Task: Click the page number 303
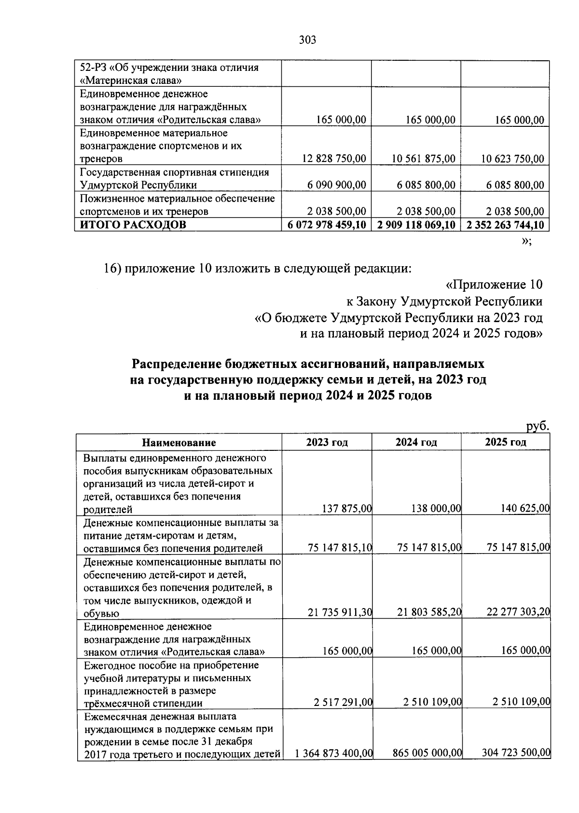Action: [307, 40]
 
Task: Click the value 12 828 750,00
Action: [334, 159]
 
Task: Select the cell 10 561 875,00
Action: [423, 159]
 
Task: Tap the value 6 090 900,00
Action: [336, 185]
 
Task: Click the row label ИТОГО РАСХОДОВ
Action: [133, 225]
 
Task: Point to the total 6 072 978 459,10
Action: [327, 225]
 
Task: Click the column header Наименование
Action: [179, 443]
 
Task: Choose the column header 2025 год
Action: [505, 443]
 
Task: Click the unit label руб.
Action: [537, 426]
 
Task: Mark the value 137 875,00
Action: [346, 508]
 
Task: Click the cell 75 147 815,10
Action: [340, 547]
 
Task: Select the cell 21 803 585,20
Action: [429, 612]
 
